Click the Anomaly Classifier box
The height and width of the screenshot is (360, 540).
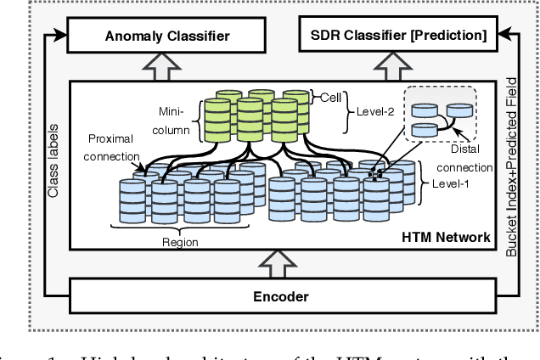click(x=155, y=36)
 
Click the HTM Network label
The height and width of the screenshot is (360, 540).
click(x=446, y=237)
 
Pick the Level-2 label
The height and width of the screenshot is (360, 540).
click(x=372, y=99)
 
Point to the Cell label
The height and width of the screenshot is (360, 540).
click(x=330, y=98)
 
